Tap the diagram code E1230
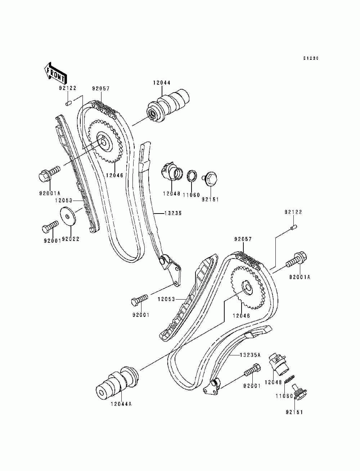[311, 58]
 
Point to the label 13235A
[250, 355]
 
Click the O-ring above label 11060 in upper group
[192, 175]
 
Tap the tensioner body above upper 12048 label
[171, 172]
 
